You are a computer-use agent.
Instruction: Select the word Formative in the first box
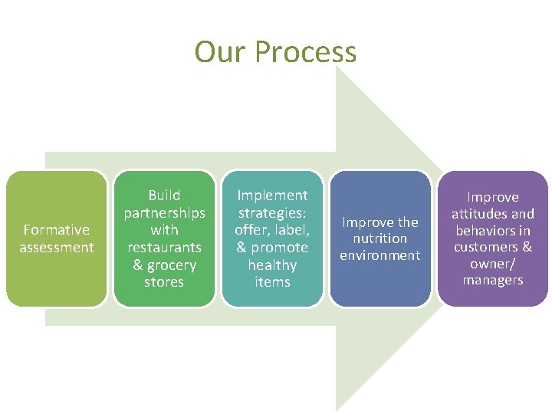tap(57, 229)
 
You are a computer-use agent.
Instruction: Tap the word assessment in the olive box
tap(57, 247)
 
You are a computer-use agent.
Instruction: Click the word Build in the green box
tap(164, 195)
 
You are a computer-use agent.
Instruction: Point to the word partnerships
tap(164, 212)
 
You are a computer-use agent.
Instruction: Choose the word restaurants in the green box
tap(164, 248)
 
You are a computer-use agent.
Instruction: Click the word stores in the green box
tap(164, 282)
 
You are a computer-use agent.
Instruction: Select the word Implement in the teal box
tap(272, 195)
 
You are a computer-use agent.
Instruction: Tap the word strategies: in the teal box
tap(272, 212)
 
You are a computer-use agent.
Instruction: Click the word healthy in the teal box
tap(272, 265)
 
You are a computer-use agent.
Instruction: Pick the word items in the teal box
tap(272, 282)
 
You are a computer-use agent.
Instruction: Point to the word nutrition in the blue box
tap(380, 238)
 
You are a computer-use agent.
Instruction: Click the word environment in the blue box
tap(380, 255)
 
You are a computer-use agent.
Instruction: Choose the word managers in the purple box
tap(493, 280)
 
